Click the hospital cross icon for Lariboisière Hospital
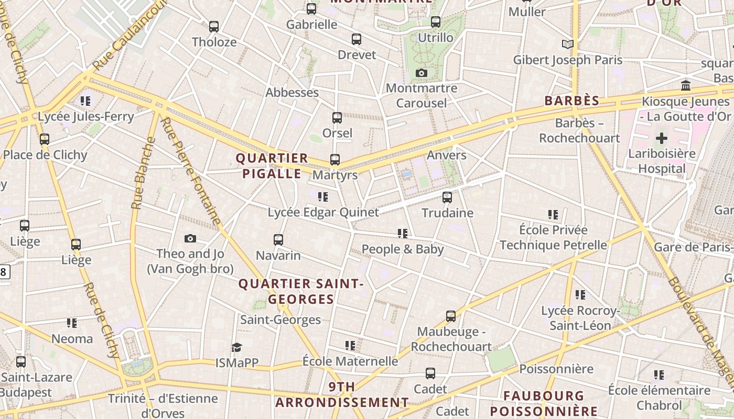click(x=662, y=138)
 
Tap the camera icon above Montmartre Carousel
click(x=421, y=73)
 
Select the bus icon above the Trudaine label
click(x=447, y=197)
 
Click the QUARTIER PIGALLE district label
click(x=271, y=166)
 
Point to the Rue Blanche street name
click(x=138, y=173)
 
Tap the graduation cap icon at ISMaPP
click(x=236, y=348)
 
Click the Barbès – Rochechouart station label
click(x=579, y=130)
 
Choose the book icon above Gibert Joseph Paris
click(x=567, y=44)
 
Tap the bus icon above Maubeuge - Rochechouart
click(x=451, y=316)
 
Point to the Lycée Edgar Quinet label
click(x=323, y=212)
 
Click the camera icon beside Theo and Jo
click(x=190, y=239)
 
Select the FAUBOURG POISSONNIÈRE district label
click(x=543, y=403)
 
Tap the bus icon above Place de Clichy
click(x=45, y=139)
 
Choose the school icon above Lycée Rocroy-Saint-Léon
click(x=580, y=295)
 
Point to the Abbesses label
click(x=292, y=93)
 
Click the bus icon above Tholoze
click(x=213, y=27)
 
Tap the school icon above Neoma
click(x=72, y=323)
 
